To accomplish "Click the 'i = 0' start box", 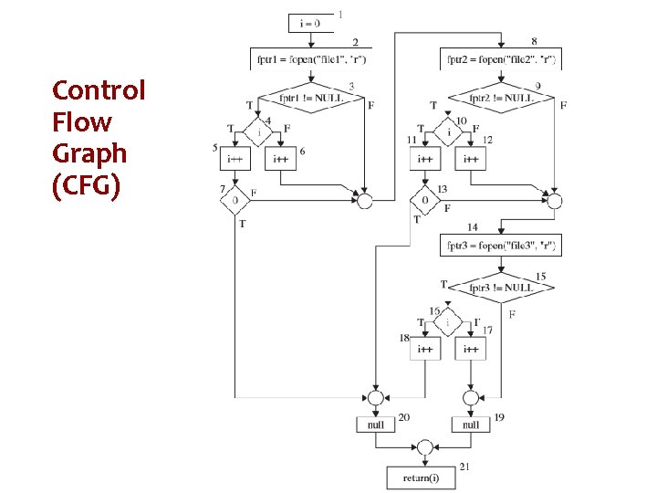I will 312,24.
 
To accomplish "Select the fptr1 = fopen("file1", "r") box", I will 312,60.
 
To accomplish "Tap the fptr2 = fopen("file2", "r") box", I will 502,60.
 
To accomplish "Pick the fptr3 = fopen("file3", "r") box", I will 502,246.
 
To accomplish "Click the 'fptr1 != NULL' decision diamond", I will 312,98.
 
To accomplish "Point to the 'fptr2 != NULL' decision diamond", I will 502,98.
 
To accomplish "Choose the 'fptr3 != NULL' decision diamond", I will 502,287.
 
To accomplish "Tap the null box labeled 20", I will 376,425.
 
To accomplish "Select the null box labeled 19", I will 471,425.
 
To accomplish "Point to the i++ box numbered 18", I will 425,349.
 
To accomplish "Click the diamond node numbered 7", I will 235,198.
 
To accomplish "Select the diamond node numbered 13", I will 425,198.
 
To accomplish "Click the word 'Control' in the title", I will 99,91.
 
